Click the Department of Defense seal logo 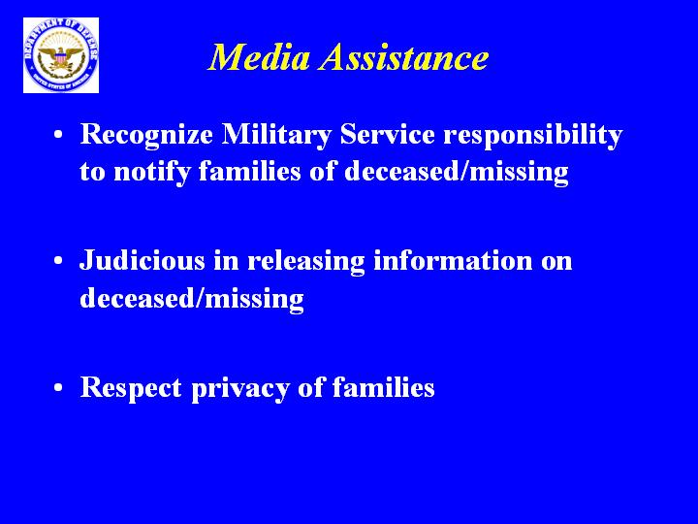coord(61,55)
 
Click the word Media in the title coord(259,57)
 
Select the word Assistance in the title coord(404,57)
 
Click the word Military coord(276,135)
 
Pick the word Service coord(387,134)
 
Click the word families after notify coord(250,171)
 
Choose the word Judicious coord(142,260)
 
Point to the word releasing coord(305,262)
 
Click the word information coord(453,260)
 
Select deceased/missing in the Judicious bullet coord(192,299)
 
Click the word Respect coord(131,388)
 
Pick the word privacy coord(240,388)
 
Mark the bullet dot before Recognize coord(58,135)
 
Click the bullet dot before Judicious coord(58,261)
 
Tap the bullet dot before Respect coord(58,387)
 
